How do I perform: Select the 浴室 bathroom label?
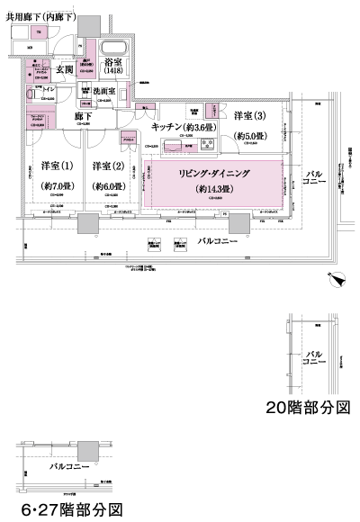coord(112,64)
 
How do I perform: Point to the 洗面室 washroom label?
coord(107,91)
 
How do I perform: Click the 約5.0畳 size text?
coord(249,136)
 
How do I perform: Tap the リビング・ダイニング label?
coord(212,172)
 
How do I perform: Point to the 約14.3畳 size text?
coord(213,190)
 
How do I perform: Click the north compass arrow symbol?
coord(338,281)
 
